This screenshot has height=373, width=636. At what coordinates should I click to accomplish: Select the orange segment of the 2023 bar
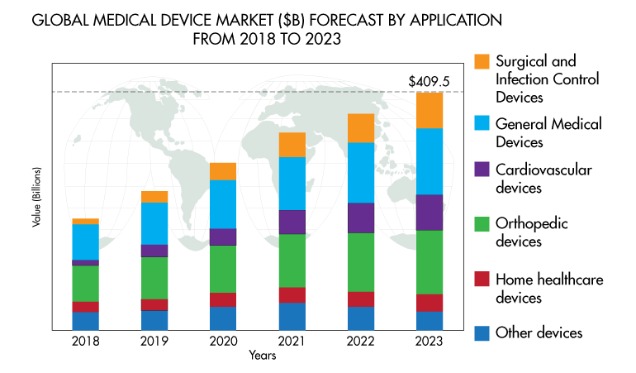pos(430,110)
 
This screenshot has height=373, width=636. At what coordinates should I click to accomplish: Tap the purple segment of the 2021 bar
pos(292,222)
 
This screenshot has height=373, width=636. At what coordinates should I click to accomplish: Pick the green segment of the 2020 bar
pos(223,269)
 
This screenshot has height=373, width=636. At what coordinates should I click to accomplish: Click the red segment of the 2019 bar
pos(154,304)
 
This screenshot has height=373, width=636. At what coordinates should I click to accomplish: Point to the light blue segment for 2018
pos(86,241)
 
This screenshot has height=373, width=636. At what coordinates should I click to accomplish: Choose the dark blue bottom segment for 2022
pos(361,318)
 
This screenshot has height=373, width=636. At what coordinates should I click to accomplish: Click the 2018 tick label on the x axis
pos(86,341)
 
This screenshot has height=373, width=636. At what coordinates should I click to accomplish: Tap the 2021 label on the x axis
pos(292,341)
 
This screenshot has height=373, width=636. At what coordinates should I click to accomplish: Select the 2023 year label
pos(430,341)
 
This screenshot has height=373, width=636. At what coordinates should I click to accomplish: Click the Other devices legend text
pos(539,332)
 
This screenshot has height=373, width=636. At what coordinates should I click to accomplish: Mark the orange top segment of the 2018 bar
pos(86,222)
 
